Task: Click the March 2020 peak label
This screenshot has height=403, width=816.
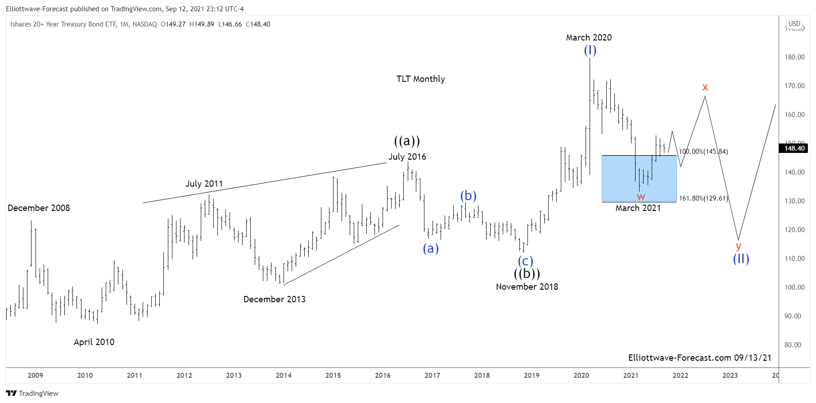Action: tap(589, 38)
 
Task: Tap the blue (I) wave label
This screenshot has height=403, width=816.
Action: tap(590, 50)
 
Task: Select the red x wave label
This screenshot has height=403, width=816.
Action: tap(705, 87)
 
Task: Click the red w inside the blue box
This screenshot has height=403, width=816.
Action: tap(641, 197)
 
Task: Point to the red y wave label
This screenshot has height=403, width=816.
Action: tap(738, 246)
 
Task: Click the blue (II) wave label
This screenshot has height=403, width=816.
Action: tap(741, 259)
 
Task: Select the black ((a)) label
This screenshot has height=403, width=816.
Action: tap(407, 141)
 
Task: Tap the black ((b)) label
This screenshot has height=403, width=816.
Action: tap(527, 273)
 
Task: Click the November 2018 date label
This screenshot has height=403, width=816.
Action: tap(527, 287)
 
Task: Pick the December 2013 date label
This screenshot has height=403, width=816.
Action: tap(274, 300)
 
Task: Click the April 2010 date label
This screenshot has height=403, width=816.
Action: tap(94, 342)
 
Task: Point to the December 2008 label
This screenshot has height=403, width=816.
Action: tap(39, 208)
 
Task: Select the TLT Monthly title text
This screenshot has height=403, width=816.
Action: tap(420, 79)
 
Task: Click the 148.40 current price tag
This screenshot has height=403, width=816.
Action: tap(794, 148)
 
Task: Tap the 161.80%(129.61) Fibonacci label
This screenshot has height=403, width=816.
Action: tap(703, 198)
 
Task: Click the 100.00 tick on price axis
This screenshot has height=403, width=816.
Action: tap(794, 287)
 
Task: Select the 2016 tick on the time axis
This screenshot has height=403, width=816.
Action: tap(383, 376)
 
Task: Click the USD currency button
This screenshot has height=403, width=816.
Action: tap(794, 24)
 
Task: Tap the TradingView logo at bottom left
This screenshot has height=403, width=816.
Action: tap(32, 394)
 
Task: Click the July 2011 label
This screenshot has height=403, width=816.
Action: tap(204, 184)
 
